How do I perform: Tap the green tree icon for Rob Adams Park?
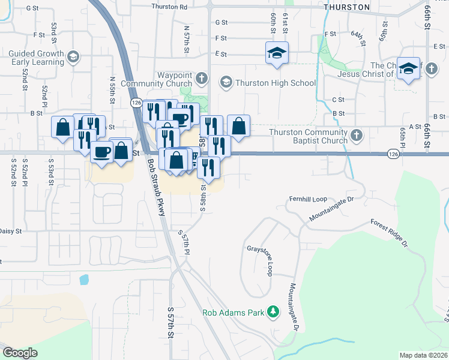(x=274, y=311)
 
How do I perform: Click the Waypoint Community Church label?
(x=166, y=79)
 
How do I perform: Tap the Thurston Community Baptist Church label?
(x=309, y=136)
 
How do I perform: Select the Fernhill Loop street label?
(x=307, y=199)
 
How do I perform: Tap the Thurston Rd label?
(x=170, y=7)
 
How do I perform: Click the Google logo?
(x=20, y=353)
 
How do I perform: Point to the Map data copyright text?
(x=424, y=355)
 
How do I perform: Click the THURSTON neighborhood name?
(x=346, y=7)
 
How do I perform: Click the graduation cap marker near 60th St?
(x=277, y=53)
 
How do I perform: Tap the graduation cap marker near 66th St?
(x=408, y=70)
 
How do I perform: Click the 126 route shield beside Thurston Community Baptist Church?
(x=393, y=154)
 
